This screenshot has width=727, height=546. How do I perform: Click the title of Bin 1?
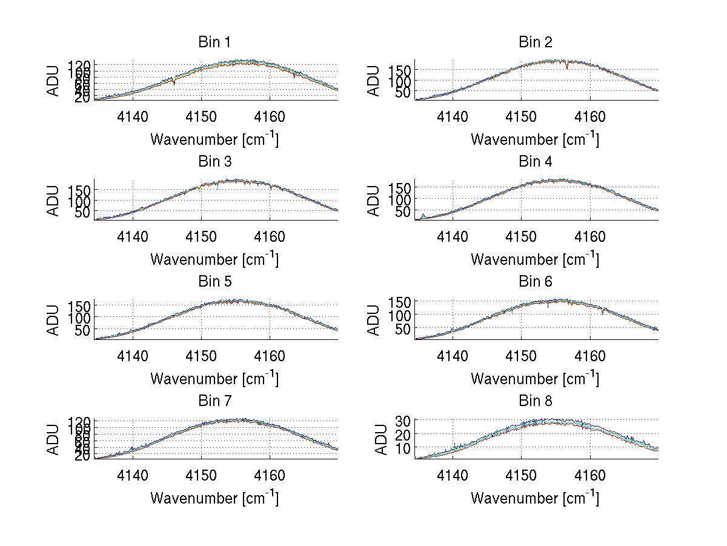[x=214, y=42]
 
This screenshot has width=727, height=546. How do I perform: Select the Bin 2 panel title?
[x=535, y=42]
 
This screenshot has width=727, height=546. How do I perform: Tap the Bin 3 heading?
[x=214, y=162]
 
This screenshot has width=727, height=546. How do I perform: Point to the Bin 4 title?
[x=535, y=162]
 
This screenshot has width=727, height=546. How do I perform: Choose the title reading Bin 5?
[x=214, y=282]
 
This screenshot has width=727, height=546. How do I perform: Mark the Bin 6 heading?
[x=535, y=282]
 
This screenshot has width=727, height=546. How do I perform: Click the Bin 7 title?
[x=214, y=401]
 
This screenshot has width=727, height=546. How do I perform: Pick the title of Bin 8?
[x=535, y=401]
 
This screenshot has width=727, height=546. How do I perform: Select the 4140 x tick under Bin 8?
[x=453, y=476]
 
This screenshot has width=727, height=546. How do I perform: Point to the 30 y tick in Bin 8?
[x=404, y=420]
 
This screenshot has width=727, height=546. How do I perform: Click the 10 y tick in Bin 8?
[x=404, y=448]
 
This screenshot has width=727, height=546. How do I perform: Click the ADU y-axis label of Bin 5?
[x=53, y=319]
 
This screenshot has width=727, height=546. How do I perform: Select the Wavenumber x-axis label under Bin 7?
[x=214, y=498]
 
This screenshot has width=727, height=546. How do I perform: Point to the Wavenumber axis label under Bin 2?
[x=535, y=139]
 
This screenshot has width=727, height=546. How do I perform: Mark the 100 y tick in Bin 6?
[x=400, y=315]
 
